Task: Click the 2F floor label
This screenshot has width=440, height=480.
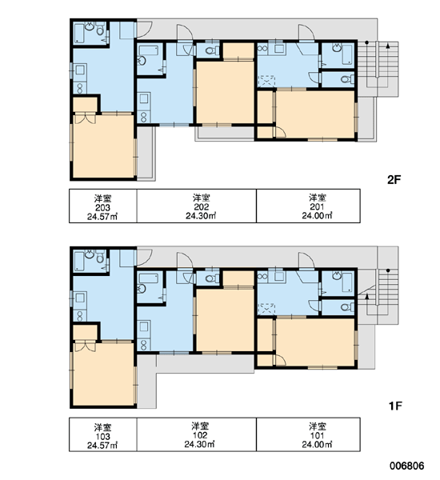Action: (394, 180)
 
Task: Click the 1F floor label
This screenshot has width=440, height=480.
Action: (395, 406)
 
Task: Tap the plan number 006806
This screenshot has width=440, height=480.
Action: (407, 466)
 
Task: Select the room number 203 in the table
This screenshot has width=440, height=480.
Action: (102, 207)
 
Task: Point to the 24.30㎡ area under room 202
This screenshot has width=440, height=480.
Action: (201, 216)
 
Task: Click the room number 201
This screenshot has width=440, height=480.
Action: (317, 207)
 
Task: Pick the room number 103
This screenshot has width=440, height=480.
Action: (102, 436)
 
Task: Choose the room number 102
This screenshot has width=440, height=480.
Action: (200, 435)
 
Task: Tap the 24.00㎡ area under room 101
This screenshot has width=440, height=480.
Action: (317, 444)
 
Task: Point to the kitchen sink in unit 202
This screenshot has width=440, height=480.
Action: (144, 98)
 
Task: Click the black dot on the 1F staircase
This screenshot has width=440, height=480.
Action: (388, 270)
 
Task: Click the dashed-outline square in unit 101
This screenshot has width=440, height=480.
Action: (267, 309)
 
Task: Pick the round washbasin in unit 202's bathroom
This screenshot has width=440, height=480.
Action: (142, 61)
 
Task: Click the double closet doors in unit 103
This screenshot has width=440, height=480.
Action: (85, 346)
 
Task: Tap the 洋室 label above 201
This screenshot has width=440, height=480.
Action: (318, 198)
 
